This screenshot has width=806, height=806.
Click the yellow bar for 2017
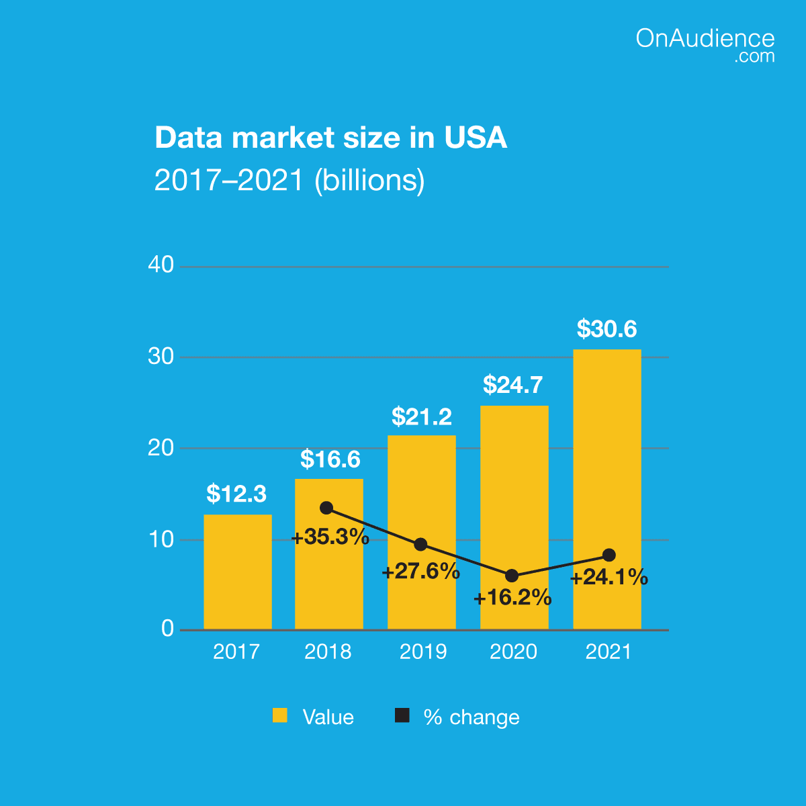238,572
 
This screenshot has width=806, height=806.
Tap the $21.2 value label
422,417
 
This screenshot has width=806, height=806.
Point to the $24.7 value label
513,385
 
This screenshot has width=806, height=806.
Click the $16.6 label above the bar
330,459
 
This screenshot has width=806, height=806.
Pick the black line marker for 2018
326,508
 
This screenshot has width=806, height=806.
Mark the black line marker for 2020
512,576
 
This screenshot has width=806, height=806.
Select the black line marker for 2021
609,555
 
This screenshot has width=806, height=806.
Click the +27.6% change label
421,572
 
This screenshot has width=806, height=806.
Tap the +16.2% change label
512,598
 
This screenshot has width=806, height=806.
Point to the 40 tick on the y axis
161,265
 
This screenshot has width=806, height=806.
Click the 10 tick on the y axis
161,539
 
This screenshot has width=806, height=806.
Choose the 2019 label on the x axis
423,652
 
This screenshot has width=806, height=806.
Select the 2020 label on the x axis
513,652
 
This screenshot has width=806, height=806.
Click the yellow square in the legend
279,716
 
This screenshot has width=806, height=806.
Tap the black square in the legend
402,716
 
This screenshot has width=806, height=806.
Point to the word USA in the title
475,138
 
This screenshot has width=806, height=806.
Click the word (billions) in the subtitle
370,180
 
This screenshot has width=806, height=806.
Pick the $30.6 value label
607,329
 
